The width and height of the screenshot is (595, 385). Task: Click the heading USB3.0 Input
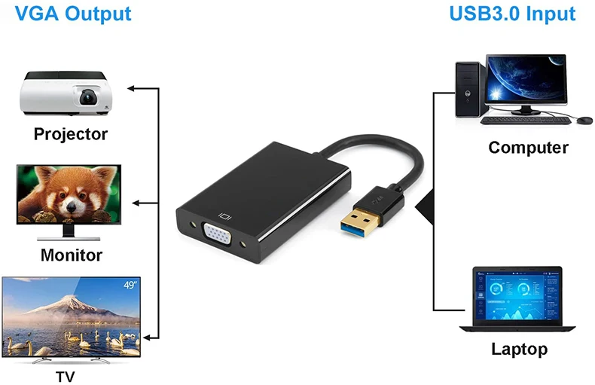click(x=512, y=13)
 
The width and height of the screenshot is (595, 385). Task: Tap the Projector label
click(x=71, y=134)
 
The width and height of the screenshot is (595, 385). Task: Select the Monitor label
click(x=71, y=254)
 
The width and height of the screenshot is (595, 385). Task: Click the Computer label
click(x=528, y=147)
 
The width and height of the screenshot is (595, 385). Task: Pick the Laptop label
click(x=519, y=349)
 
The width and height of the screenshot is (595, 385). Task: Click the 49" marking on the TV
click(x=130, y=285)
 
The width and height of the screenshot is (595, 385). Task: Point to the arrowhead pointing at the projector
click(x=131, y=88)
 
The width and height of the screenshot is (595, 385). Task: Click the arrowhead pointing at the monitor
click(x=136, y=203)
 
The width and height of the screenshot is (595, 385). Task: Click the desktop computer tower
click(x=469, y=90)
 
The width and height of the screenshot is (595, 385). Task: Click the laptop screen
click(x=518, y=297)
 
